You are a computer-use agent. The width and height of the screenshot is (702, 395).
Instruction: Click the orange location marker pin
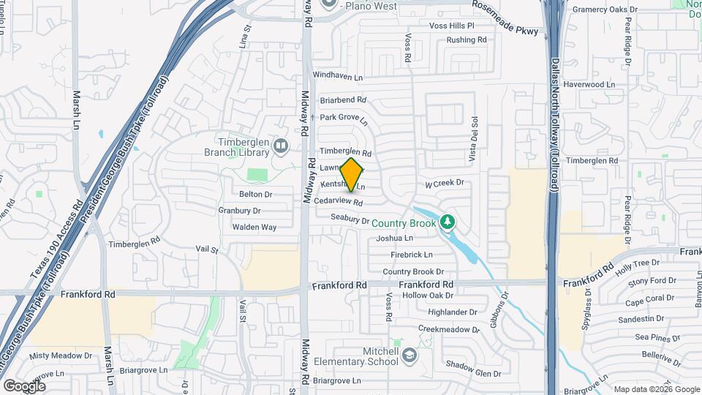coord(352,174)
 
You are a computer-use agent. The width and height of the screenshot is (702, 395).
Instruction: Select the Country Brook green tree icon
coord(447,222)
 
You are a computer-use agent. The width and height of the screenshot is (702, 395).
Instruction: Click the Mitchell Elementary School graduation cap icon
coord(409,355)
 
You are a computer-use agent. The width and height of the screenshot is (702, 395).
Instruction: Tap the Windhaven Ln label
coord(337,75)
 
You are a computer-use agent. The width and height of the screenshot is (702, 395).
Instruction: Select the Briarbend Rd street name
coord(342,99)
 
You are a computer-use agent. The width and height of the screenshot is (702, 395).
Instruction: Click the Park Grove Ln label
coord(343,117)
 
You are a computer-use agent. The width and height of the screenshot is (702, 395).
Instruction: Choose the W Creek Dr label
coord(445,184)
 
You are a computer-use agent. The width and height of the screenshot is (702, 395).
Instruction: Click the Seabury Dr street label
coord(350,218)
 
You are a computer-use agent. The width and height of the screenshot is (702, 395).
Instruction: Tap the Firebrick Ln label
coord(411,255)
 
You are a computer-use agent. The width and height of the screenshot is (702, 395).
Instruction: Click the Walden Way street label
coord(254,227)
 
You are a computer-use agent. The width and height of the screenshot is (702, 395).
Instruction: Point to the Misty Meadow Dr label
coord(60,356)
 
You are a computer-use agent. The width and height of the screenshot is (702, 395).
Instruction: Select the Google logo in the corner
coord(24,385)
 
